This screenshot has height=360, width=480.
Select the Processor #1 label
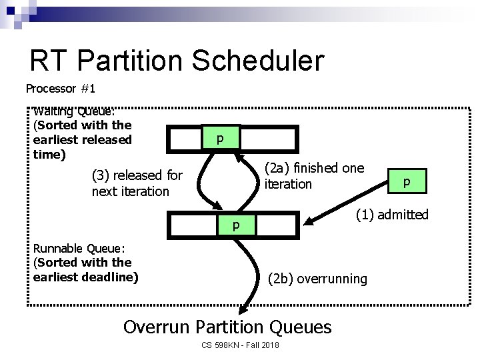[61, 88]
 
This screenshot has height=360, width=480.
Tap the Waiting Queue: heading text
[74, 111]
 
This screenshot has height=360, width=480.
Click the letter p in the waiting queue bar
[219, 139]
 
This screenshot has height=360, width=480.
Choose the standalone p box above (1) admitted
[405, 181]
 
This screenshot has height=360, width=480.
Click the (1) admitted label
[391, 214]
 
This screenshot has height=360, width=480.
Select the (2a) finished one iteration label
[314, 176]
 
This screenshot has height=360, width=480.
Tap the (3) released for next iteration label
[137, 183]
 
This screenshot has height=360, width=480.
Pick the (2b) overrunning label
[317, 279]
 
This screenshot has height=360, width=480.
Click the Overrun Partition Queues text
[227, 327]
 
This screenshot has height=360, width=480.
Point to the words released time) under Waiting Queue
[81, 147]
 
